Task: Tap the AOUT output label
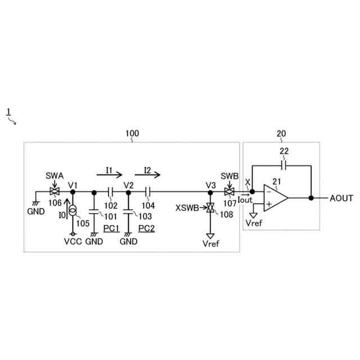(x=341, y=198)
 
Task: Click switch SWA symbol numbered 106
(x=55, y=192)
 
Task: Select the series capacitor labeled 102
(x=111, y=192)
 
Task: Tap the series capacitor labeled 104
(x=148, y=192)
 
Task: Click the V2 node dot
(x=128, y=192)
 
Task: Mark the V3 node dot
(x=210, y=192)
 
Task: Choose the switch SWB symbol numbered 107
(x=229, y=192)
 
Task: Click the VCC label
(x=72, y=242)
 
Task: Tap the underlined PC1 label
(x=111, y=228)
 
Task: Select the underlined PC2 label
(x=147, y=228)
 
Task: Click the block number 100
(x=132, y=133)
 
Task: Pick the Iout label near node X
(x=246, y=199)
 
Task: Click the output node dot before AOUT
(x=311, y=198)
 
